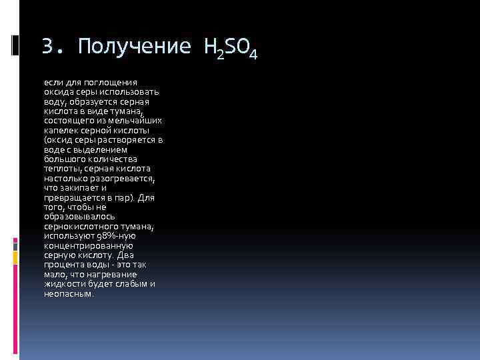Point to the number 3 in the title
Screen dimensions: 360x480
click(x=47, y=47)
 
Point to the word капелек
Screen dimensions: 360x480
click(x=61, y=131)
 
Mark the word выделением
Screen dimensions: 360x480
click(x=101, y=150)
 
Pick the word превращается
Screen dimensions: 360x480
click(x=72, y=198)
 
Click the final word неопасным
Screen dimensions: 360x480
click(x=69, y=293)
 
